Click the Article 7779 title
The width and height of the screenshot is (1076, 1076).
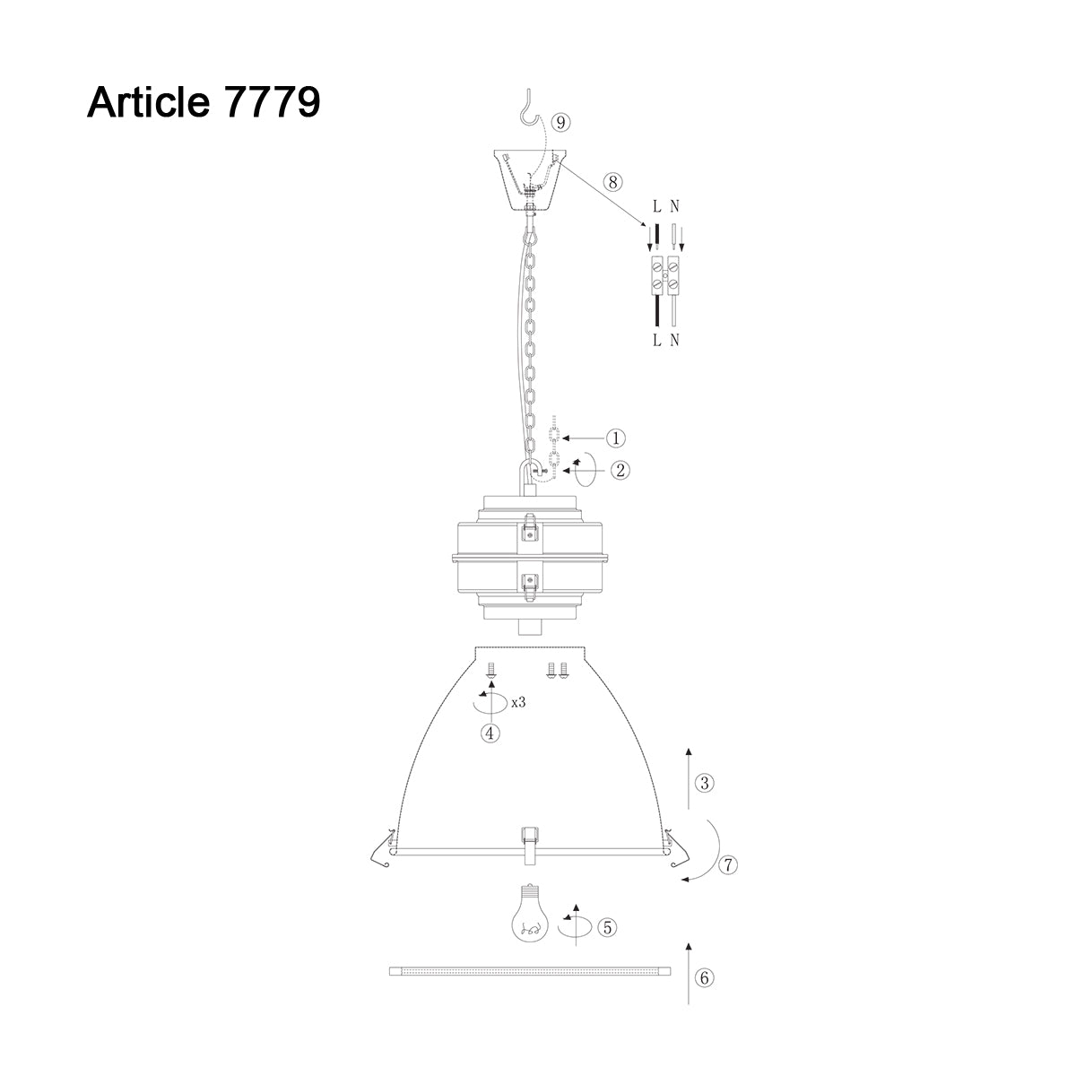tap(204, 102)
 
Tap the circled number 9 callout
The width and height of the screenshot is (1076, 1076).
tap(560, 123)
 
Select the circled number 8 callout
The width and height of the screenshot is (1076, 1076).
tap(612, 182)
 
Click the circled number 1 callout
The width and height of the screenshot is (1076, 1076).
tap(615, 438)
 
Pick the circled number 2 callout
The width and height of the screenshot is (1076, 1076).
tap(619, 469)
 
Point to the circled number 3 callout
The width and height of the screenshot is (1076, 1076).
tap(705, 784)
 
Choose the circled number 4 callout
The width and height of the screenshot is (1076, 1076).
tap(490, 733)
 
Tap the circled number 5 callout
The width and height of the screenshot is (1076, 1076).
tap(608, 927)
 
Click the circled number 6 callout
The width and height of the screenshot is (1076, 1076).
tap(705, 978)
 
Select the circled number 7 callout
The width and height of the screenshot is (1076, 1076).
tap(728, 865)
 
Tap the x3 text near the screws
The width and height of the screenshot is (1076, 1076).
tap(517, 702)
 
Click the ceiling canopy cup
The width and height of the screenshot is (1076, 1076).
tap(532, 179)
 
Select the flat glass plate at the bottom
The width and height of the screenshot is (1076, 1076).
tap(530, 971)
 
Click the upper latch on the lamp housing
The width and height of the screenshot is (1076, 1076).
tap(530, 531)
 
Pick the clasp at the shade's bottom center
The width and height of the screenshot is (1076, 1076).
tap(530, 846)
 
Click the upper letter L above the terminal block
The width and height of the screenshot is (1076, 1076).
tap(656, 206)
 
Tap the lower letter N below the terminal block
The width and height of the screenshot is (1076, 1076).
tap(674, 340)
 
